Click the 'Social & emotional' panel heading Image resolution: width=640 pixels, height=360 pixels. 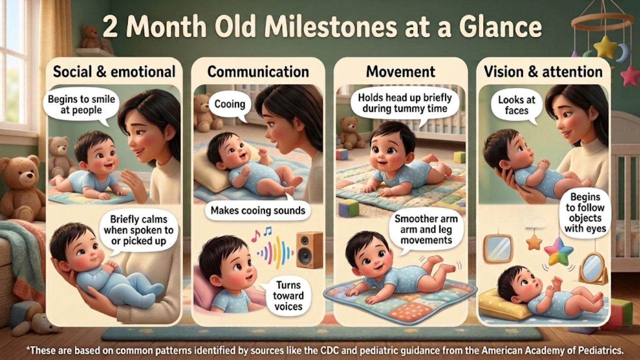coord(114,72)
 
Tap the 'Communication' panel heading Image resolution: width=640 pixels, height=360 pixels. coord(258,72)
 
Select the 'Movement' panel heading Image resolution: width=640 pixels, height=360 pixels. coord(400,72)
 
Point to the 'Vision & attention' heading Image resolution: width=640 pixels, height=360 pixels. coord(543,72)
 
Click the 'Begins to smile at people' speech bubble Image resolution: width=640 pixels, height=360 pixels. coord(81,105)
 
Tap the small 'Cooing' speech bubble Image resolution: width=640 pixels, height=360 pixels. coord(230,104)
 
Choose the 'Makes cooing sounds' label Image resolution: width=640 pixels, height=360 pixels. coord(258,210)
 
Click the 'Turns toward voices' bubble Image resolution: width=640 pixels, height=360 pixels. coord(288,296)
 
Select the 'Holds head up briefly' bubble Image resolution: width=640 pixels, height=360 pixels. coord(404,103)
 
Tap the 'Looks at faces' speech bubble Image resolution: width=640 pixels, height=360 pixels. coord(516,105)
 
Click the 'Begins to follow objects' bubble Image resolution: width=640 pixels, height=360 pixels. coord(585,213)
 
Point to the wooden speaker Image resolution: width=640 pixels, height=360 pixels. coord(309,250)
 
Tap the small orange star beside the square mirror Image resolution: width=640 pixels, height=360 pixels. coord(534,241)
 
